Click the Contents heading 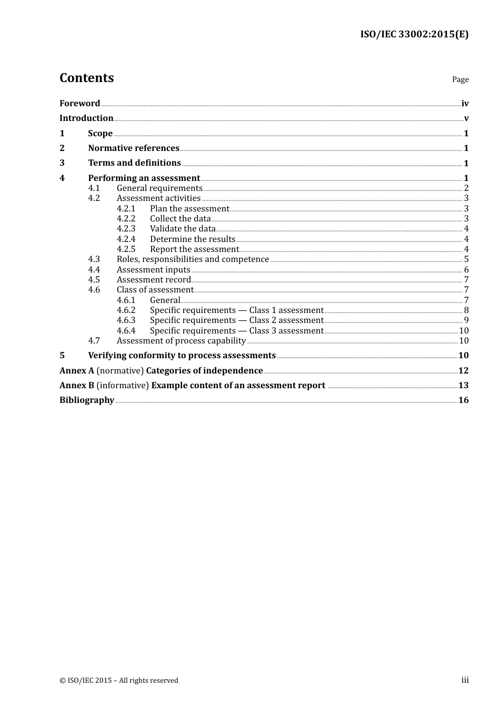[x=86, y=78]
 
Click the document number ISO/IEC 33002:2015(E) [x=414, y=35]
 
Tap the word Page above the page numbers [x=460, y=79]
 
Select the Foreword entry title [x=79, y=104]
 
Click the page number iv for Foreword [x=465, y=104]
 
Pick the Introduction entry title [x=86, y=118]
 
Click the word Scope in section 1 [x=100, y=134]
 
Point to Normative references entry [x=134, y=148]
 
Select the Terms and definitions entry [x=134, y=163]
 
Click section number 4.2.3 [x=126, y=229]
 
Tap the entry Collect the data [x=180, y=219]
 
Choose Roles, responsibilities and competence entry [x=193, y=259]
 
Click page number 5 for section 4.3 [x=466, y=259]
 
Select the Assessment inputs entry [x=153, y=270]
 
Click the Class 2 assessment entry [x=236, y=320]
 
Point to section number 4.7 [x=94, y=341]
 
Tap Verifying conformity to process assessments [x=182, y=356]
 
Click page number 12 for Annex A [x=463, y=371]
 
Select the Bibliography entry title [x=86, y=400]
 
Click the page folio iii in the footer [x=465, y=680]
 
